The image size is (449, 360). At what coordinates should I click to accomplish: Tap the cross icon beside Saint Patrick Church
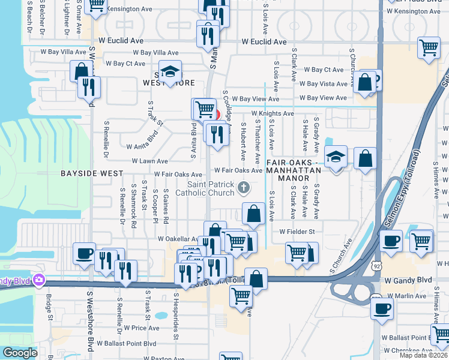(244, 188)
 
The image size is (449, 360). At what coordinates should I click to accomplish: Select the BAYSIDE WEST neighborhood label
(92, 173)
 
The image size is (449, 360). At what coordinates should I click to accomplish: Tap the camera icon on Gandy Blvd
(40, 280)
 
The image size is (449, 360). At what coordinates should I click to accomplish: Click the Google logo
(19, 353)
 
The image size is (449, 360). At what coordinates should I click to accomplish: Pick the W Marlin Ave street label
(408, 296)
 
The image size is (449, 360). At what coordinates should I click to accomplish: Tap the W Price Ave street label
(142, 328)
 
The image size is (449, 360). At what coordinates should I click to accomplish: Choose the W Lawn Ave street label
(150, 161)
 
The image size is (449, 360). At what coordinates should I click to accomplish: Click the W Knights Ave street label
(273, 113)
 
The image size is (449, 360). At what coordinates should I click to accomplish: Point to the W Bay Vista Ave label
(324, 84)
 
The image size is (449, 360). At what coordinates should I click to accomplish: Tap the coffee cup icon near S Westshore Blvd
(84, 253)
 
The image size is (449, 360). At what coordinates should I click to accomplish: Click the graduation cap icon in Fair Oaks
(336, 157)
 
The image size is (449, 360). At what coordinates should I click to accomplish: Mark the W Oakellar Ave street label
(178, 239)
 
